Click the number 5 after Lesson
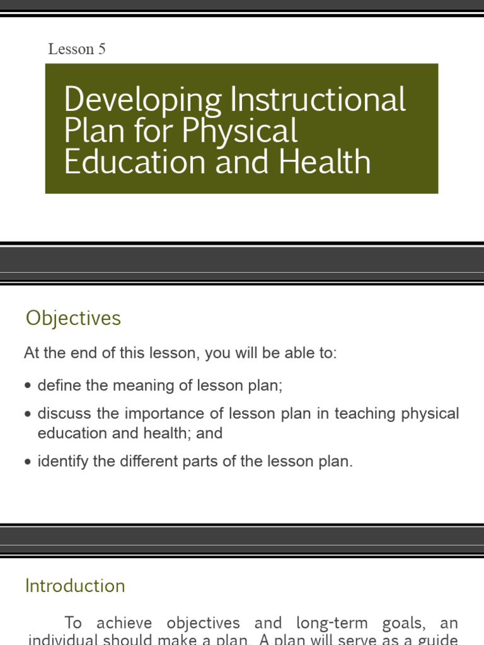pyautogui.click(x=101, y=49)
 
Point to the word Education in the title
pyautogui.click(x=135, y=162)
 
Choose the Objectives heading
pyautogui.click(x=73, y=319)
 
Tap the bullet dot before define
pyautogui.click(x=27, y=386)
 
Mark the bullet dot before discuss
pyautogui.click(x=27, y=414)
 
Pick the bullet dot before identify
pyautogui.click(x=27, y=462)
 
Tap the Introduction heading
pyautogui.click(x=75, y=586)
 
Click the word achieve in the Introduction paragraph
pyautogui.click(x=124, y=624)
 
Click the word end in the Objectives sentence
pyautogui.click(x=78, y=353)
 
